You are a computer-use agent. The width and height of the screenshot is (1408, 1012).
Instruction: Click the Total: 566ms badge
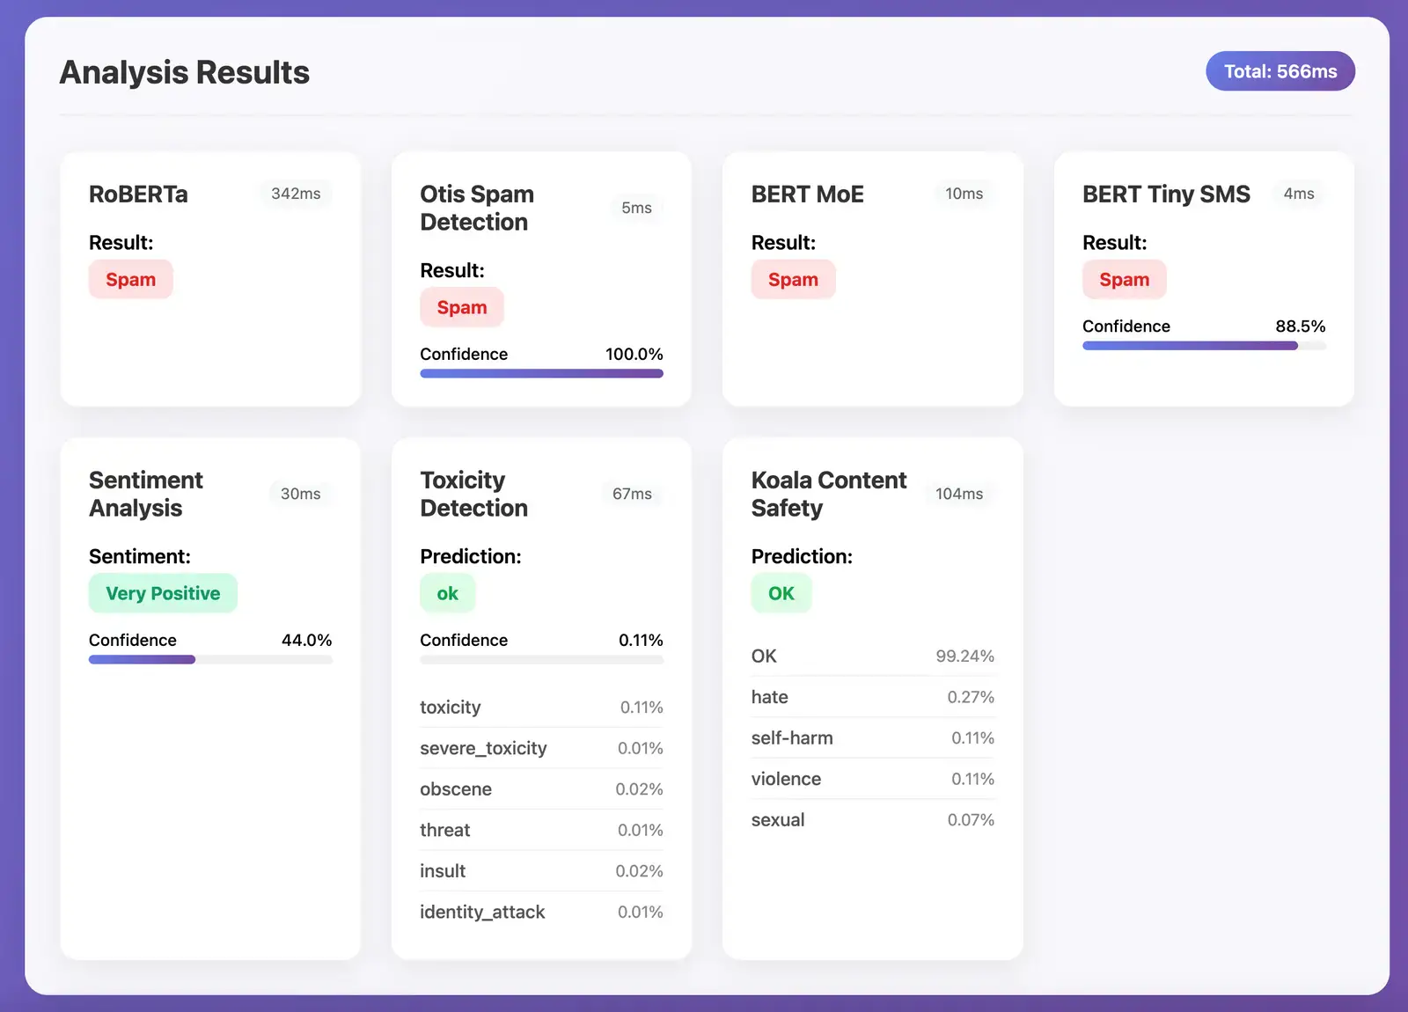[x=1280, y=71]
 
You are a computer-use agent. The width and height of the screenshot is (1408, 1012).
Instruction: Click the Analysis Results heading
[x=184, y=72]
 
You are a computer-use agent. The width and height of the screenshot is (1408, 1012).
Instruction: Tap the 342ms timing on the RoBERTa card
[x=296, y=194]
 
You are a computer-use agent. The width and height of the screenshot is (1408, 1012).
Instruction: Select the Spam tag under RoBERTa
[x=130, y=280]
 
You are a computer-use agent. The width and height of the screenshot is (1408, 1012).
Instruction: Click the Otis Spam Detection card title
[x=476, y=208]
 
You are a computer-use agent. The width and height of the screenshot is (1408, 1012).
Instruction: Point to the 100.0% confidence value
[x=634, y=354]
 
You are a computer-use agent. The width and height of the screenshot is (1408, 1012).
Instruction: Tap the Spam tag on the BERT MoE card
[x=793, y=280]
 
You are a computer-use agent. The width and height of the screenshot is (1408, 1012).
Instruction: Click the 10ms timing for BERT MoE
[x=964, y=194]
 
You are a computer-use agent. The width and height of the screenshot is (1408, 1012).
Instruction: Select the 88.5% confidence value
[x=1300, y=326]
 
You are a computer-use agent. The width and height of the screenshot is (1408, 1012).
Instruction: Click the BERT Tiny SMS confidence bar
[x=1203, y=346]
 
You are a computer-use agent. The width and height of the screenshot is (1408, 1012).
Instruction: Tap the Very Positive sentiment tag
[x=163, y=593]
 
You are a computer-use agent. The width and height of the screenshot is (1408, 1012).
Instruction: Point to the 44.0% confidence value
[x=306, y=640]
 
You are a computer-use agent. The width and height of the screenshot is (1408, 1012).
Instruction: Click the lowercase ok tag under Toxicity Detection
[x=447, y=593]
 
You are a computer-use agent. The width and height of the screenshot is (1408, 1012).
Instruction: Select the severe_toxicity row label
[x=483, y=748]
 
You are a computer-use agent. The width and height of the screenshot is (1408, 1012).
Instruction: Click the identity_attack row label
[x=482, y=912]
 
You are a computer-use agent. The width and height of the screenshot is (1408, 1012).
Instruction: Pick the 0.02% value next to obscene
[x=639, y=789]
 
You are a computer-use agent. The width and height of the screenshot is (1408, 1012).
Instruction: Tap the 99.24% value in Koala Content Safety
[x=964, y=656]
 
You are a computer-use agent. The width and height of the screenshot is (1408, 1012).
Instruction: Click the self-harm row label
[x=792, y=737]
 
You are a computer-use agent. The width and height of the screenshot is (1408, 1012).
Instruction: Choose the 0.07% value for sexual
[x=971, y=819]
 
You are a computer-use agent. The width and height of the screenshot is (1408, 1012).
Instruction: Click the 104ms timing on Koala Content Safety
[x=958, y=494]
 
